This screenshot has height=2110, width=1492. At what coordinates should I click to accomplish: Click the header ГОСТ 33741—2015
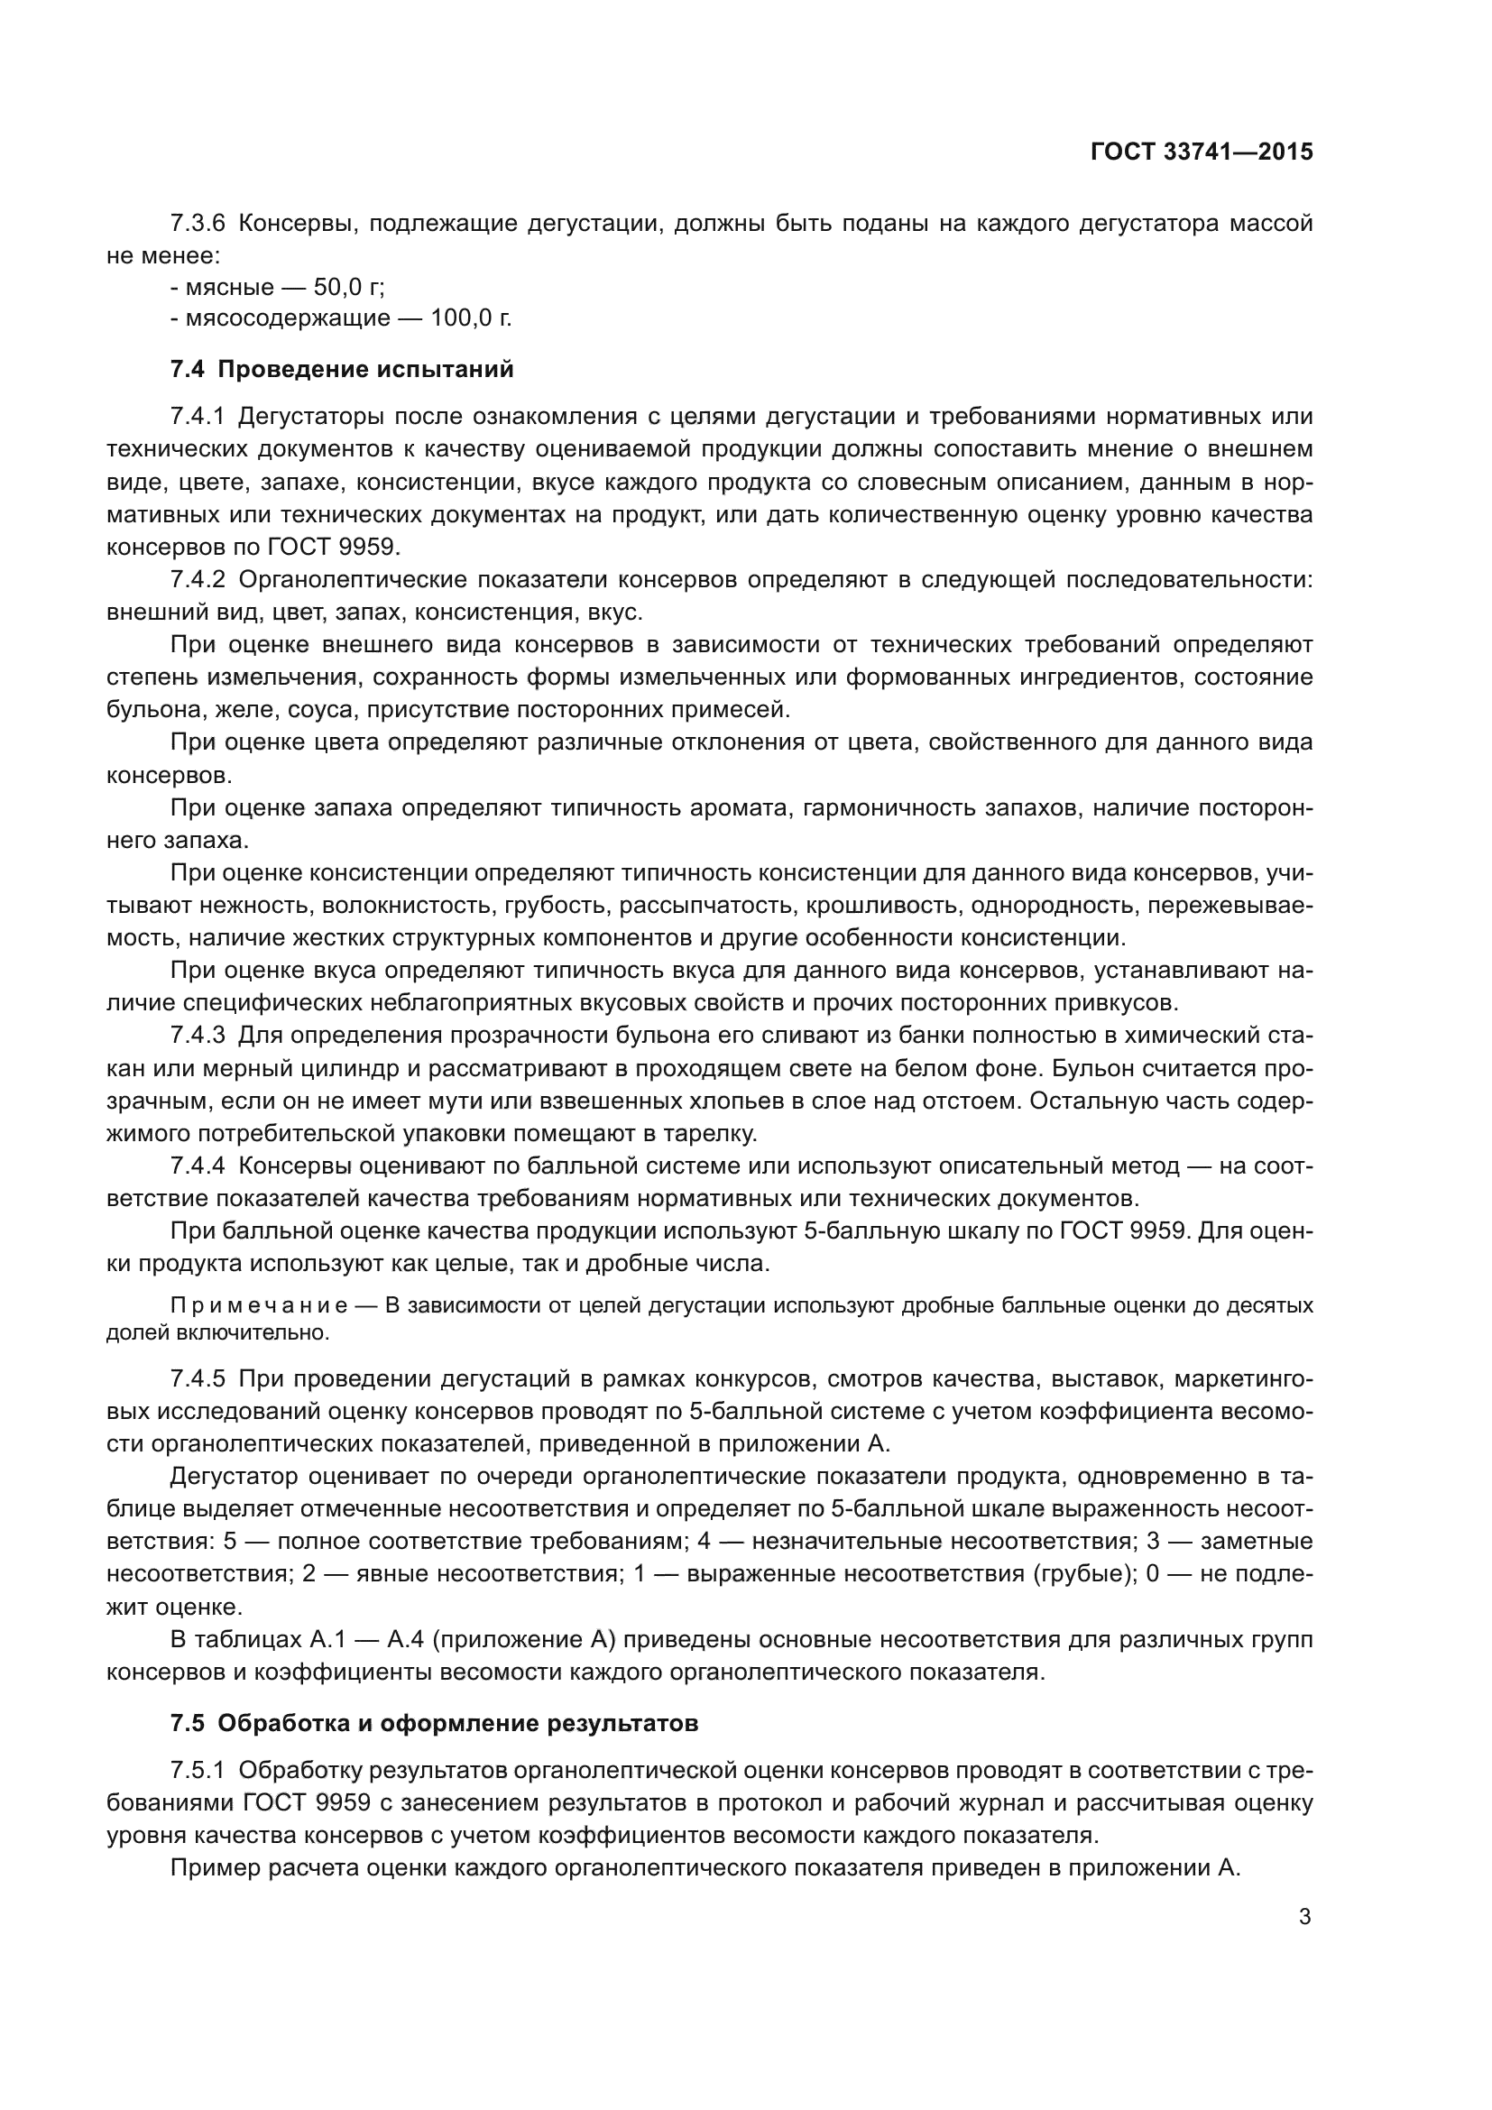pyautogui.click(x=1201, y=152)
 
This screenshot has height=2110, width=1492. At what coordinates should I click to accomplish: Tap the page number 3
pyautogui.click(x=1304, y=1917)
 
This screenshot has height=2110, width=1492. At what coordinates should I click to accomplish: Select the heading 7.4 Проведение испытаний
pyautogui.click(x=342, y=370)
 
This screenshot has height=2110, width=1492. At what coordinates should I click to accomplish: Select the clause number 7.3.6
pyautogui.click(x=198, y=224)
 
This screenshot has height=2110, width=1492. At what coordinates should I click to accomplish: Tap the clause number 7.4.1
pyautogui.click(x=198, y=418)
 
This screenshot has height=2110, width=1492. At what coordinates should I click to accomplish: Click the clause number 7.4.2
pyautogui.click(x=198, y=580)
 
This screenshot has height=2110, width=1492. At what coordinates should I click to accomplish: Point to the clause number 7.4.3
pyautogui.click(x=198, y=1036)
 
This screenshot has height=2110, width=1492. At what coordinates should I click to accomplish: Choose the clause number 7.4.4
pyautogui.click(x=198, y=1166)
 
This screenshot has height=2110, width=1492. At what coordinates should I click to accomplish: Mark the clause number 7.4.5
pyautogui.click(x=198, y=1379)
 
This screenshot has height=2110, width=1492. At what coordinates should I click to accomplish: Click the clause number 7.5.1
pyautogui.click(x=198, y=1771)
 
